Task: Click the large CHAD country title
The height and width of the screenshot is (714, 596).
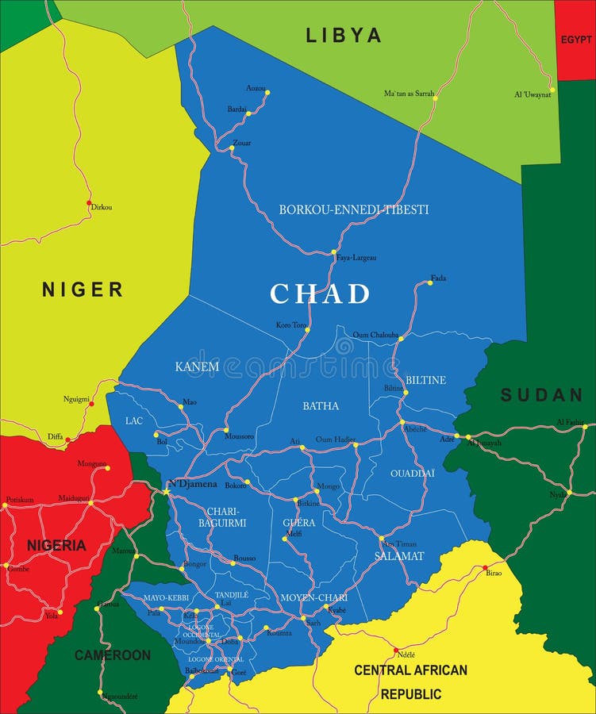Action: (x=320, y=294)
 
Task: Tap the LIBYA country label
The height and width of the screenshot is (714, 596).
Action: (x=344, y=35)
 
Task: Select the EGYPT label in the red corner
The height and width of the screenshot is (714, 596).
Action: (x=575, y=40)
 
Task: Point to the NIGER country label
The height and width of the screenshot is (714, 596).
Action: (x=83, y=290)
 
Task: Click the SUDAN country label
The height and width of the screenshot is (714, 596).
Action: (x=541, y=394)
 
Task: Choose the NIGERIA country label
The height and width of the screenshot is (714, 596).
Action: (x=56, y=545)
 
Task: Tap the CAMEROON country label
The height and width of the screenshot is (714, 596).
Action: (x=112, y=655)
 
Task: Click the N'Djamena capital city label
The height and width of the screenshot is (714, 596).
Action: (x=192, y=483)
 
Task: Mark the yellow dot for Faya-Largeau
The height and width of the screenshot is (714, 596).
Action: (x=334, y=252)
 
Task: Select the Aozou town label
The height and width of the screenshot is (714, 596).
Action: (x=256, y=87)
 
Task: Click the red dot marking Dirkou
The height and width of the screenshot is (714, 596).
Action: (x=89, y=203)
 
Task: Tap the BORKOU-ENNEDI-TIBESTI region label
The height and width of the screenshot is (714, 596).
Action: (x=353, y=209)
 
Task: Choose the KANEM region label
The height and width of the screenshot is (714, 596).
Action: (x=197, y=366)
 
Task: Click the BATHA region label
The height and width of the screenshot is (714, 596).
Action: (x=321, y=405)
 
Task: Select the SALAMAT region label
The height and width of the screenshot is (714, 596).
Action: (x=399, y=556)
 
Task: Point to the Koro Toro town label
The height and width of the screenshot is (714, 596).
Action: (x=290, y=324)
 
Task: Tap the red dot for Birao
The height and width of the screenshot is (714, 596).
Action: (x=485, y=568)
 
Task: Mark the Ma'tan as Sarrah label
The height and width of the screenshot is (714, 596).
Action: (x=409, y=93)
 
